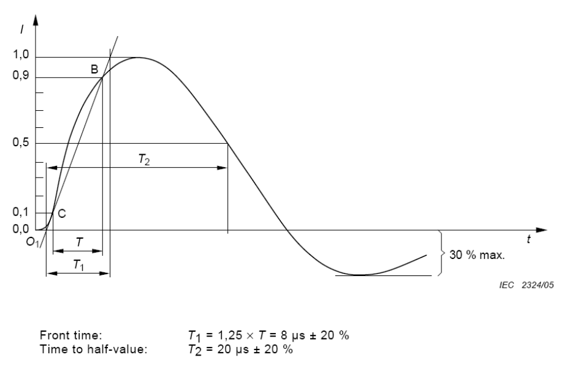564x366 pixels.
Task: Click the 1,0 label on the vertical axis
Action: click(20, 54)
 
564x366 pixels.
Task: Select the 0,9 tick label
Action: click(20, 76)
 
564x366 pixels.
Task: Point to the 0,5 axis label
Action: click(20, 142)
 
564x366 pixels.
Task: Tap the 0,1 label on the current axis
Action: click(20, 212)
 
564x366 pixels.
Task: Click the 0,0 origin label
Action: click(20, 228)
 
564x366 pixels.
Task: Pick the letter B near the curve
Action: click(94, 69)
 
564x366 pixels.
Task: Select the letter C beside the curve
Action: click(62, 214)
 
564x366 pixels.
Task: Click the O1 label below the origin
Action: click(32, 242)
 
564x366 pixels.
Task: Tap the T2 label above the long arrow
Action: click(144, 159)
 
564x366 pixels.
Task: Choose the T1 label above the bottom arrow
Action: click(78, 265)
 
